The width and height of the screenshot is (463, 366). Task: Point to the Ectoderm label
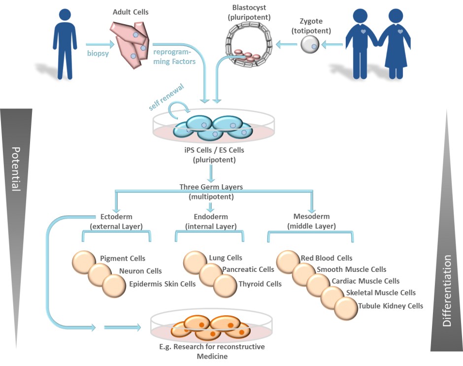(x=116, y=216)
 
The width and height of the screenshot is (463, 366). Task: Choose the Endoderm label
(x=211, y=216)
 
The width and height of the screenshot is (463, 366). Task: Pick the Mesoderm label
(x=311, y=216)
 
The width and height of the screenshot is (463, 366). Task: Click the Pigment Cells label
(x=123, y=258)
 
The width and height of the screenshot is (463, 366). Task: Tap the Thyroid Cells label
(x=260, y=284)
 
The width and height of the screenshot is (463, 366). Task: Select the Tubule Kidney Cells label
(x=391, y=305)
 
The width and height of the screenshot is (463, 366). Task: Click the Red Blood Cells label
(x=327, y=258)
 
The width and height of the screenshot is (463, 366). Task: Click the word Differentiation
(x=447, y=291)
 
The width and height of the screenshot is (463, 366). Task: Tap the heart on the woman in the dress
(x=400, y=31)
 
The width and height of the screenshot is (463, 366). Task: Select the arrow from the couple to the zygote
(x=332, y=45)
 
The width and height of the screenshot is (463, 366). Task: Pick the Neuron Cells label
(x=140, y=270)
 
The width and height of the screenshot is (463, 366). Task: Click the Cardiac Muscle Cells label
(x=365, y=281)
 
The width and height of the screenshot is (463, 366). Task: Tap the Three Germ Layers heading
(x=211, y=187)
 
